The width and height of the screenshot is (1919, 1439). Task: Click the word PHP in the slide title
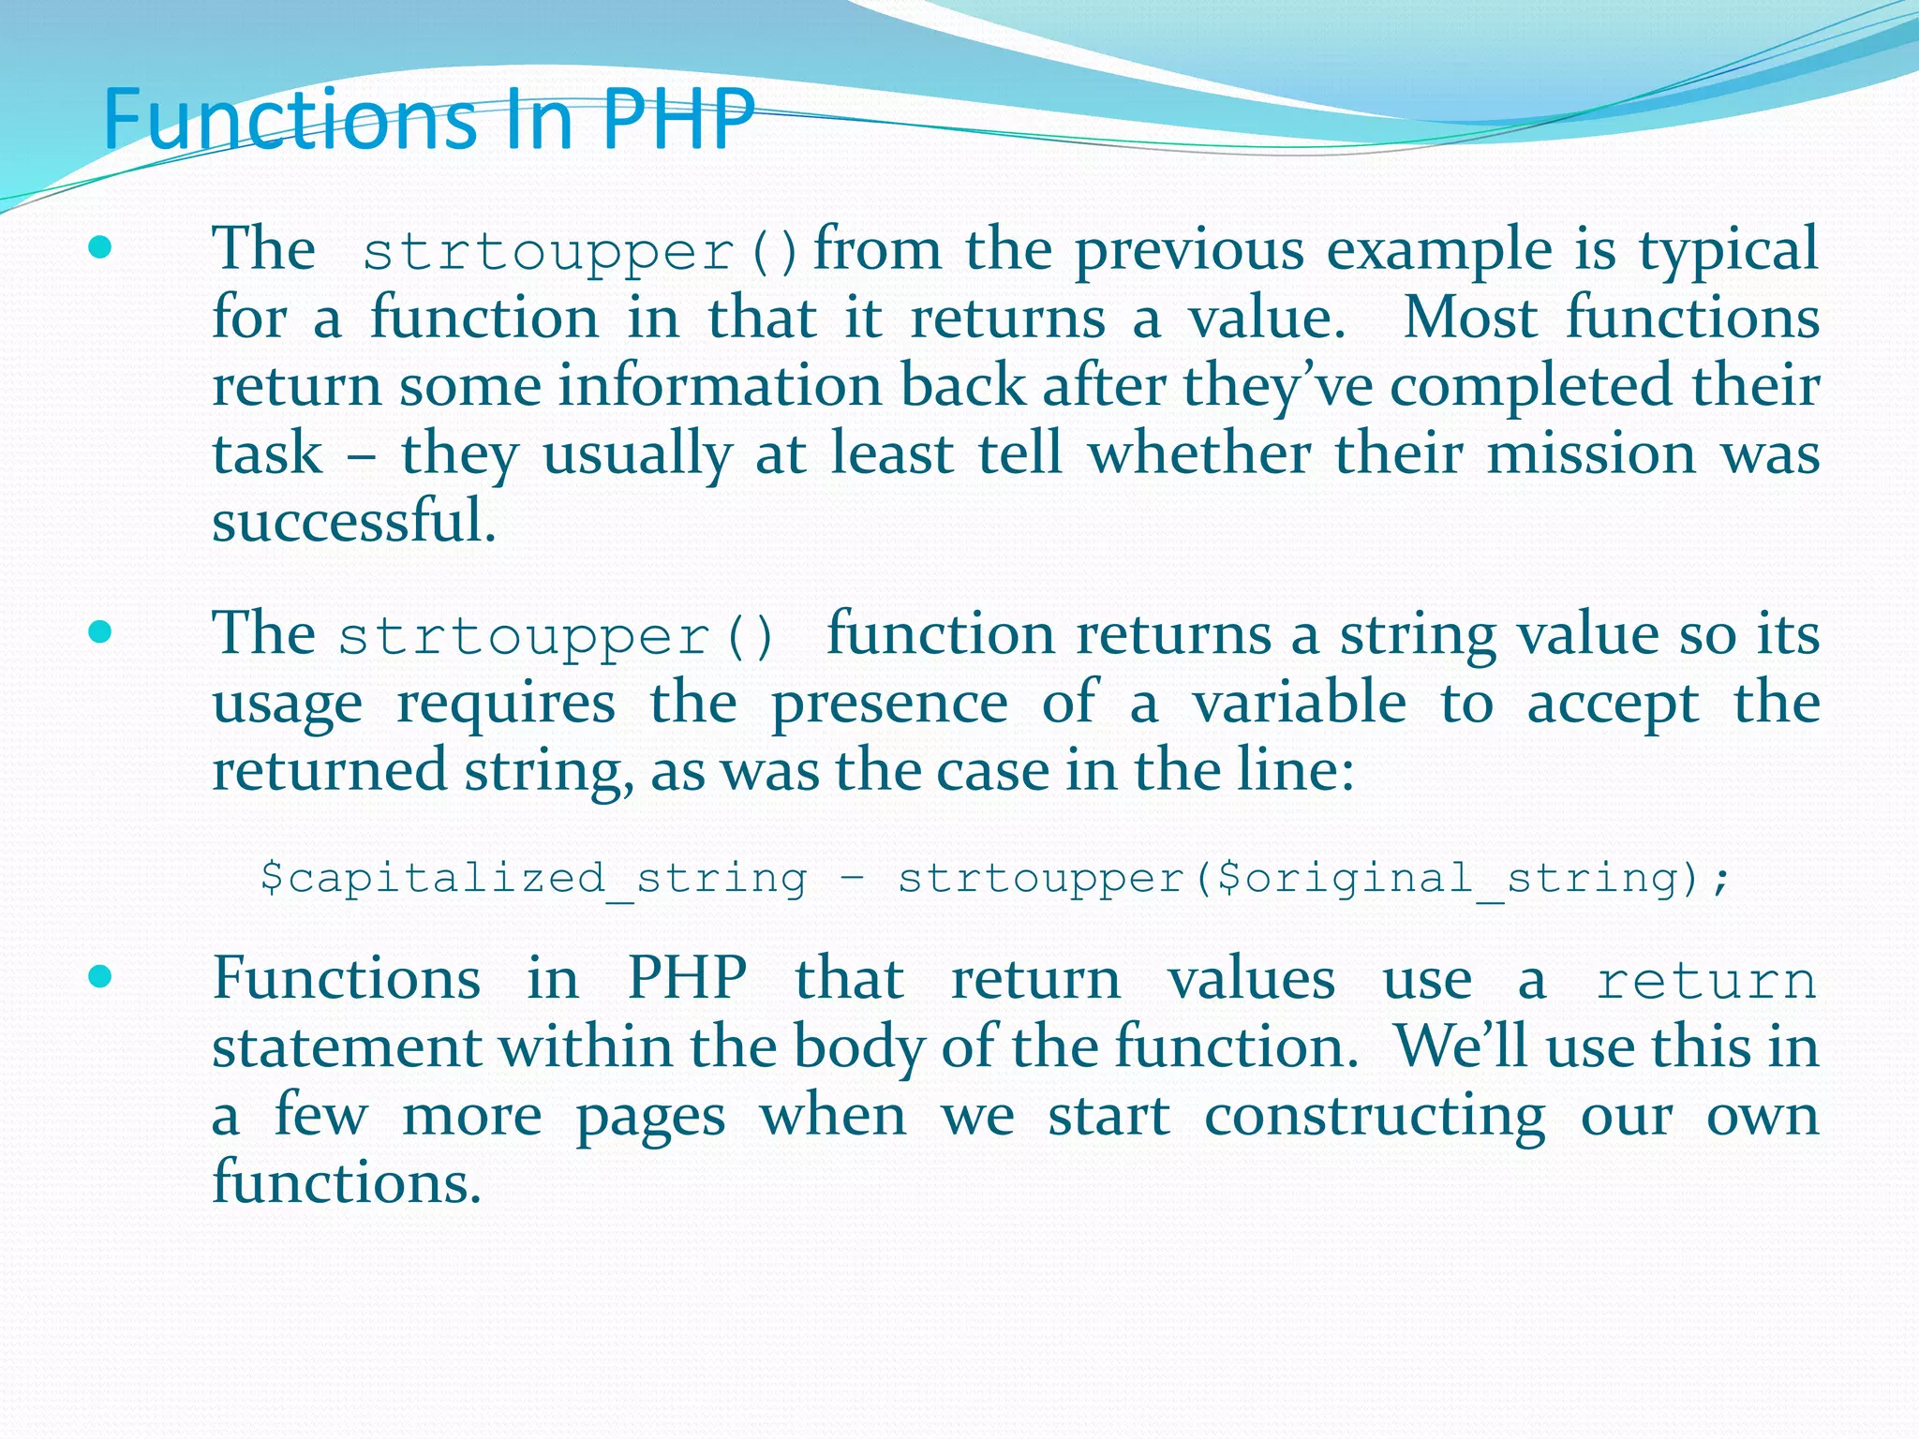click(677, 119)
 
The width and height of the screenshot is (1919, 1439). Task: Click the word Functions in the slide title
click(290, 119)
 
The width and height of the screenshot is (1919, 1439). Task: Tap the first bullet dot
click(99, 248)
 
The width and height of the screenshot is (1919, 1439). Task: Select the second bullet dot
click(99, 632)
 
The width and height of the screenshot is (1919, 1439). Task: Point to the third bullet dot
click(99, 977)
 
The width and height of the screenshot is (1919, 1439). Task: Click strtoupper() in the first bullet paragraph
click(581, 252)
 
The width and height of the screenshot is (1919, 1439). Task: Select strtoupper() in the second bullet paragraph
click(557, 637)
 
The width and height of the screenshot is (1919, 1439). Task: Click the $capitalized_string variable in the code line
click(533, 879)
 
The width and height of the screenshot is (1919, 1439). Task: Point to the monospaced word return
click(1706, 981)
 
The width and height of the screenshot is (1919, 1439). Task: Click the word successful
click(353, 521)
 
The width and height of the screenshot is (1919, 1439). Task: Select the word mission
click(1591, 453)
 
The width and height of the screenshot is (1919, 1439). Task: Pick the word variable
click(1299, 703)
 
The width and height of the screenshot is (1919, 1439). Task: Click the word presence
click(889, 705)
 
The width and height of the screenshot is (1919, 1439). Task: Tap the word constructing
click(1375, 1117)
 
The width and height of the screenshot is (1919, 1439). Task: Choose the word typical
click(1728, 251)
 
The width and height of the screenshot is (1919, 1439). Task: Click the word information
click(720, 385)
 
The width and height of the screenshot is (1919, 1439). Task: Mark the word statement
click(346, 1046)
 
